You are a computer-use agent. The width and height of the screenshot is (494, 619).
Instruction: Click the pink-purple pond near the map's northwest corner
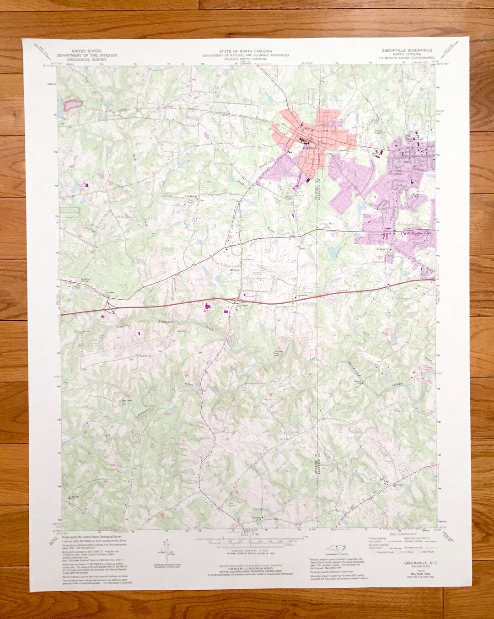coord(72,105)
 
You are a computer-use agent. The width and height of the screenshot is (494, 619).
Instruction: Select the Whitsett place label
coord(223,269)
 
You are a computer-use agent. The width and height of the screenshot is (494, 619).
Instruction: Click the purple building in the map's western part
coord(87,185)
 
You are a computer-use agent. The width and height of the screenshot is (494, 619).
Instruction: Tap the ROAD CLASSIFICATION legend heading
coord(403,521)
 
